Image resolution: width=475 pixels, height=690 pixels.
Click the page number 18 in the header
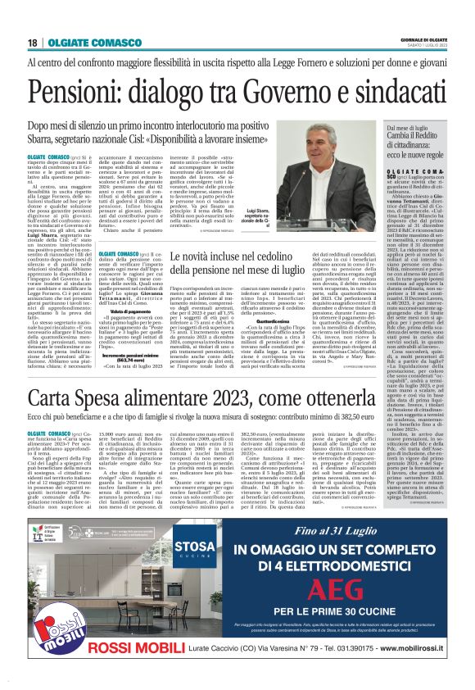tap(30, 43)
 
